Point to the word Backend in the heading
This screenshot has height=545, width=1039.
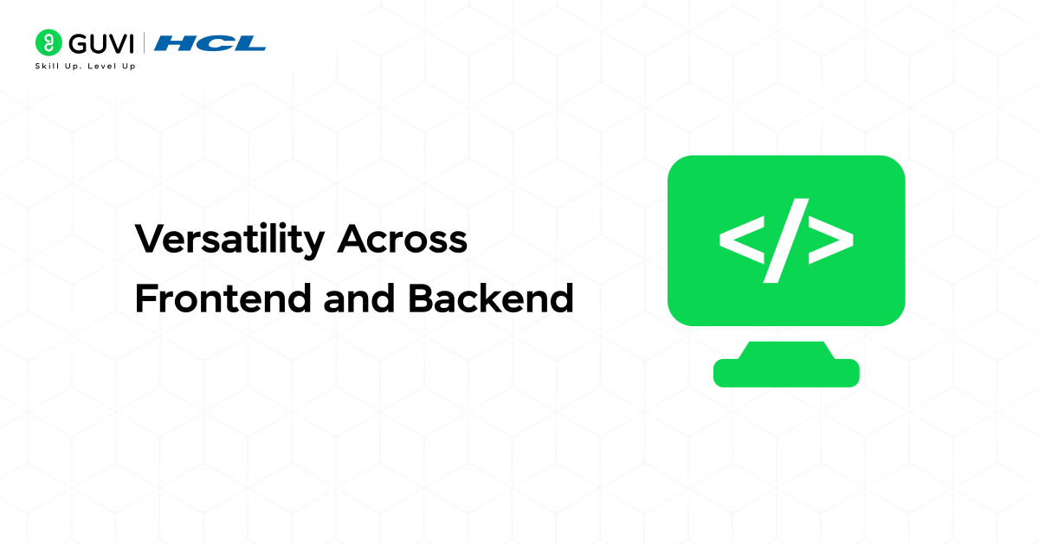pyautogui.click(x=490, y=298)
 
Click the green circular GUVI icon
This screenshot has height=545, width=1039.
pyautogui.click(x=48, y=42)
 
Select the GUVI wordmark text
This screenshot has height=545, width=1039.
pyautogui.click(x=98, y=42)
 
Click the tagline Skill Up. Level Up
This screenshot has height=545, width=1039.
pyautogui.click(x=85, y=66)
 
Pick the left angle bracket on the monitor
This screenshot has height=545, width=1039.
pyautogui.click(x=742, y=240)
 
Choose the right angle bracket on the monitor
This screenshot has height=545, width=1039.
pyautogui.click(x=830, y=240)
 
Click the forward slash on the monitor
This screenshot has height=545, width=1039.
pyautogui.click(x=786, y=240)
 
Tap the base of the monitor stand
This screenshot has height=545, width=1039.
pyautogui.click(x=786, y=373)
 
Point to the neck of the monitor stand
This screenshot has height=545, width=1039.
pyautogui.click(x=786, y=349)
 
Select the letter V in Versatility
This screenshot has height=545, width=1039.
pyautogui.click(x=147, y=240)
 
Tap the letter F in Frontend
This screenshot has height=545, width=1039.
pyautogui.click(x=145, y=298)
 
